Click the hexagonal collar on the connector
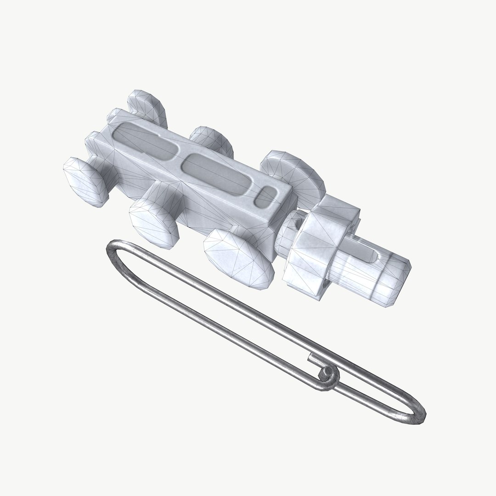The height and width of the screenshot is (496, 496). click(x=321, y=243)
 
